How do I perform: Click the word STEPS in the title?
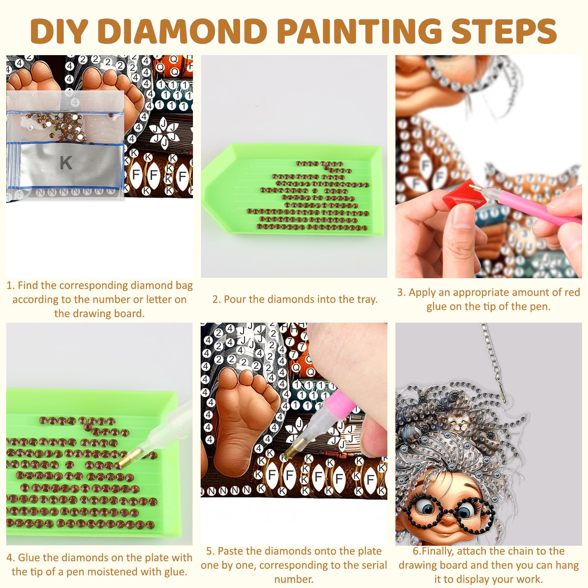[504, 30]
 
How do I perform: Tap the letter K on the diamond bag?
[66, 163]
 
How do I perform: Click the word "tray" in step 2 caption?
[365, 300]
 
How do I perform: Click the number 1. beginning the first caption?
[10, 286]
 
